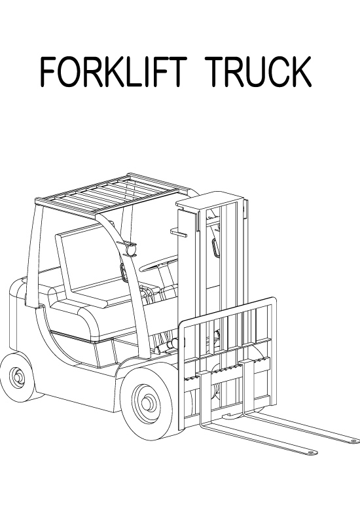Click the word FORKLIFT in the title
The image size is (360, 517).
113,71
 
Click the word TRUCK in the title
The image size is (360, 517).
258,71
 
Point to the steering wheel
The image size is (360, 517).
159,263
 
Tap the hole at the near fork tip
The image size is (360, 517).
310,453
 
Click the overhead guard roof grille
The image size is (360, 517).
112,194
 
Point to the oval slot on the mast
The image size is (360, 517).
215,247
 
